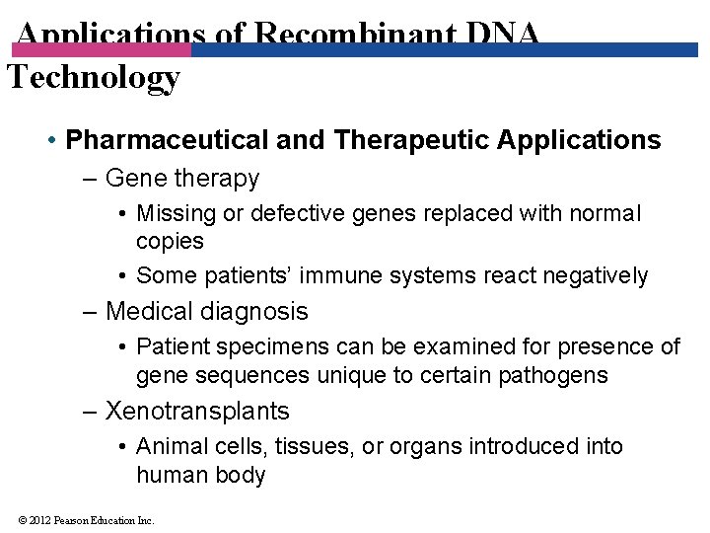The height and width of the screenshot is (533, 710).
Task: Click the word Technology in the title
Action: point(94,77)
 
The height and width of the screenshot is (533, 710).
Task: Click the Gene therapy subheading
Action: point(181,179)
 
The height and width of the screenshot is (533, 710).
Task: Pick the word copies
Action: point(170,241)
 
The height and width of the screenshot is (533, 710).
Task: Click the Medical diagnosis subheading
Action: point(206,312)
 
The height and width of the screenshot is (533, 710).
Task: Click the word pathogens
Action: point(560,375)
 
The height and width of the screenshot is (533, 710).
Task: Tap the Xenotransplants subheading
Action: point(197,411)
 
